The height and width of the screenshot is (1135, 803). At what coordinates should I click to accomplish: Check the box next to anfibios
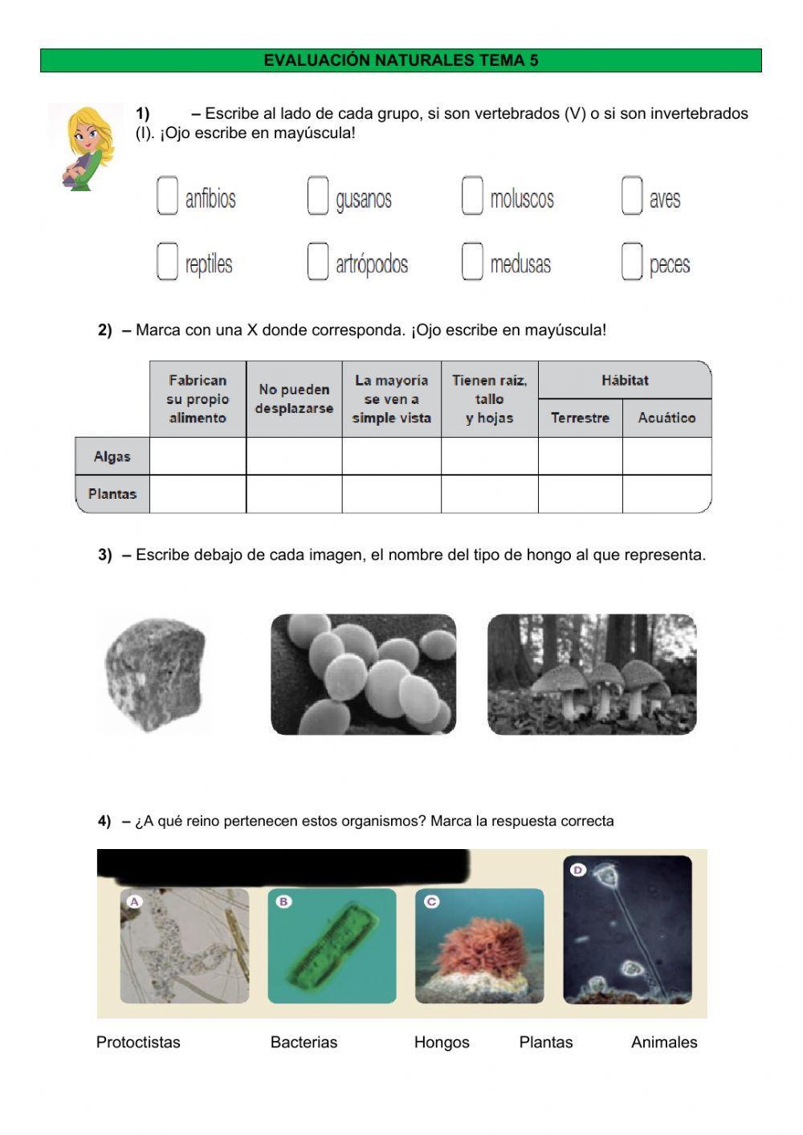coord(167,196)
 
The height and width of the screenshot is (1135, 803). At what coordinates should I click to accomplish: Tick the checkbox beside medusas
coord(472,262)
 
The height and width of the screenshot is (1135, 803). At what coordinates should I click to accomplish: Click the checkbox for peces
coord(632,262)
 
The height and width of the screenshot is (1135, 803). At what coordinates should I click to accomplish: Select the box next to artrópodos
coord(318,262)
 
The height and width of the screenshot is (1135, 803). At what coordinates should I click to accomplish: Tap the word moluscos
coord(522,199)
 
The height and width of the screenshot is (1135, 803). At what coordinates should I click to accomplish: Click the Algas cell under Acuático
coord(666,456)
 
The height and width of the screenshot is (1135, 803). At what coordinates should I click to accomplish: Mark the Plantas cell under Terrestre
coord(580,494)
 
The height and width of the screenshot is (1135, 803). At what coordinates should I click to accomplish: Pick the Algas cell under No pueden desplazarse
coord(294,456)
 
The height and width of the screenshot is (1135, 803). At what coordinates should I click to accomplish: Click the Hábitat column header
coord(625,380)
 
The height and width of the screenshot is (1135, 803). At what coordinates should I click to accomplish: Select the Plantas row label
coord(112,494)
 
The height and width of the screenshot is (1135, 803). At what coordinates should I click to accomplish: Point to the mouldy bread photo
coord(155,675)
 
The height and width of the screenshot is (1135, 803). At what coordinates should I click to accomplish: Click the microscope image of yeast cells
coord(363,675)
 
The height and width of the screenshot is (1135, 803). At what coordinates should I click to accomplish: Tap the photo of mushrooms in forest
coord(592,675)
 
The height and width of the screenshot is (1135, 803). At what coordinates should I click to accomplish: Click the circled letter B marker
coord(283,902)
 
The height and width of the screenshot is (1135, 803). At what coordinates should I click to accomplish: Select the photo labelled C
coord(479,946)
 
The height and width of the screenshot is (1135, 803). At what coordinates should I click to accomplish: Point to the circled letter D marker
coord(578,870)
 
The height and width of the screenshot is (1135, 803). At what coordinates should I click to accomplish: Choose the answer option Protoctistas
coord(138,1043)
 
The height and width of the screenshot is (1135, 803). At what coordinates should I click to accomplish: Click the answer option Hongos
coord(442,1043)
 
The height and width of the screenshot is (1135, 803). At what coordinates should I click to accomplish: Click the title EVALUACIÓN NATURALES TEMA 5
coord(401,60)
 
